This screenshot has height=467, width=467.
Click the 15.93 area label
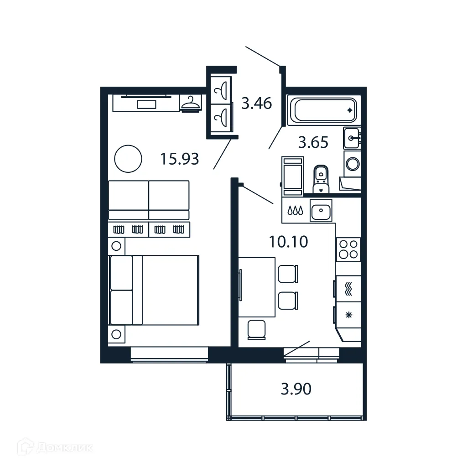coord(180,159)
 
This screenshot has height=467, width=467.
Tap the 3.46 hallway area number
coord(256,104)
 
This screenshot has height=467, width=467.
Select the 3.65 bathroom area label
coord(313,143)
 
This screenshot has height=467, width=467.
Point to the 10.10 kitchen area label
coord(288,242)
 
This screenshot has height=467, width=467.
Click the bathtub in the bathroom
coord(325,110)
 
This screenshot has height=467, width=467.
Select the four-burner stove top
coord(348,249)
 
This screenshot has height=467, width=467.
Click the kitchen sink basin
coord(321,211)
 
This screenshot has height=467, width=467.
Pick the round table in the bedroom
coord(127,159)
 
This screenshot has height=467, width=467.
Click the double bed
coord(154,290)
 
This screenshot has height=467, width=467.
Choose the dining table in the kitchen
coord(257,287)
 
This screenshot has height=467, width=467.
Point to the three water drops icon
coord(295,211)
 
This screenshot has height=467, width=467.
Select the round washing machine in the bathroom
coord(352,163)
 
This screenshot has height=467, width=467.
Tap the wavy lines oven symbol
coord(349,289)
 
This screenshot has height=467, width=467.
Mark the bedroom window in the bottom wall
coord(169,354)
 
